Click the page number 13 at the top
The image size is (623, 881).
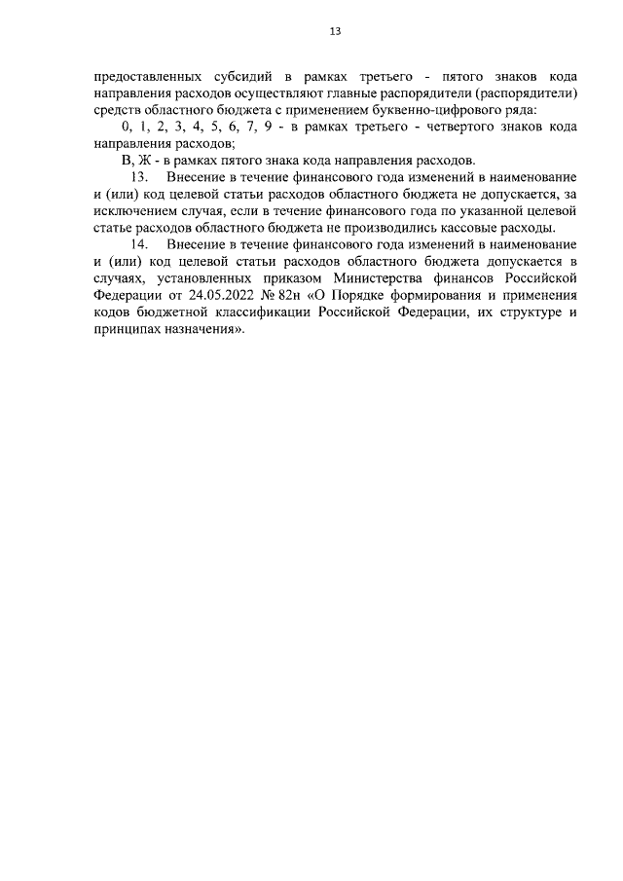(334, 31)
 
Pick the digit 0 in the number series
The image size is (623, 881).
(125, 127)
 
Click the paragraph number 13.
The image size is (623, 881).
(137, 176)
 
